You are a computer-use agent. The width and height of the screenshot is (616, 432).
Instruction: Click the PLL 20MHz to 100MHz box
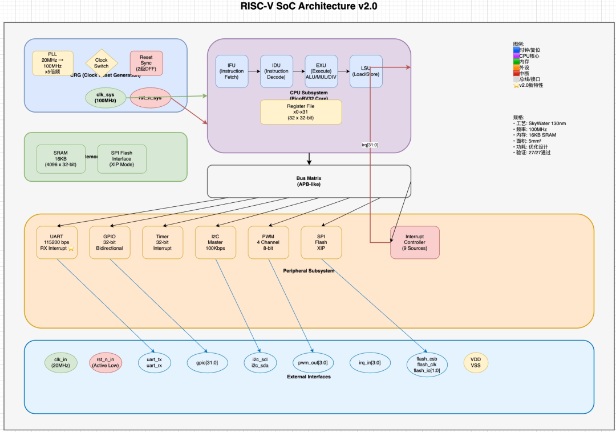(52, 63)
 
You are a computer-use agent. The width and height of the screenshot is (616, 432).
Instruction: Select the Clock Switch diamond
(101, 63)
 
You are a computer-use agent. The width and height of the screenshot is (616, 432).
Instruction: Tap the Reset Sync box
(147, 63)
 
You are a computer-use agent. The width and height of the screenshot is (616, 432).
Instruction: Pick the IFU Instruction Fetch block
(232, 71)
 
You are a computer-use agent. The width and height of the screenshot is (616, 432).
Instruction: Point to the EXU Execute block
(321, 71)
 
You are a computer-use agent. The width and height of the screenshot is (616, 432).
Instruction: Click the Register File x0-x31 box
(301, 112)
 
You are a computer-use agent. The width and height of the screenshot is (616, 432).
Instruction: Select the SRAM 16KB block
(60, 158)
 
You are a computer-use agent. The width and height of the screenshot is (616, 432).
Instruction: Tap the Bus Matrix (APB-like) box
(309, 181)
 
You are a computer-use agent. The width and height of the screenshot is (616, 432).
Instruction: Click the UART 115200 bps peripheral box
(55, 242)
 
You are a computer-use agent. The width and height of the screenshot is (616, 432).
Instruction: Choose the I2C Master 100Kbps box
(215, 242)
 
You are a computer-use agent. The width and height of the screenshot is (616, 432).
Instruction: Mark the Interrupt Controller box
(415, 242)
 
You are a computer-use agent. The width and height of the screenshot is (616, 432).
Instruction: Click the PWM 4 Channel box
(268, 242)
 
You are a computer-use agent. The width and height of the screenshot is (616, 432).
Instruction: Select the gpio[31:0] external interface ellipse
(207, 362)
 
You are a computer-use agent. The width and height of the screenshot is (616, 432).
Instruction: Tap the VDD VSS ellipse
(476, 362)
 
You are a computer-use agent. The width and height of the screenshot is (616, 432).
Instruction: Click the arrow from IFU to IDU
(254, 71)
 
